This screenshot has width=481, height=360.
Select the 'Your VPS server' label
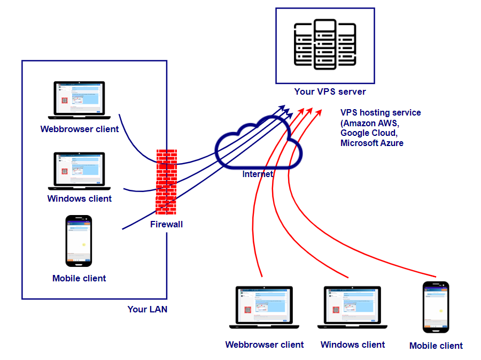point(330,91)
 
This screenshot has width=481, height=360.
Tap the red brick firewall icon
point(166,182)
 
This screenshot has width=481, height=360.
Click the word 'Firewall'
point(166,224)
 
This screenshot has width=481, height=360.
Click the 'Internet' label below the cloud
point(258,174)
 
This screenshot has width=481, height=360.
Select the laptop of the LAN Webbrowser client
point(79,100)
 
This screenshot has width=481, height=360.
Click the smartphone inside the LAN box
point(79,241)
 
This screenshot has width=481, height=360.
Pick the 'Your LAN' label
point(147,309)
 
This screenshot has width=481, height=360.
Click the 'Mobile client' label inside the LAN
point(79,278)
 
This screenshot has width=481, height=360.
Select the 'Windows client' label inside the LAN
point(80,198)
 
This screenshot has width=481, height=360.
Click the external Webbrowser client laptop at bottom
point(264,307)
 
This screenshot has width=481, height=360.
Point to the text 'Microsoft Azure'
point(372,143)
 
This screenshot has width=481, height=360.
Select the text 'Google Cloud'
point(368,133)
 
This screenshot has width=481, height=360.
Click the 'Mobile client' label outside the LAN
point(436,346)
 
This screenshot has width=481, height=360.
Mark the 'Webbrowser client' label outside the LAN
point(265,344)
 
